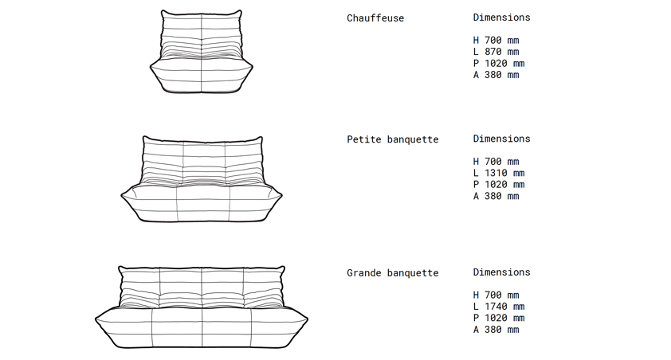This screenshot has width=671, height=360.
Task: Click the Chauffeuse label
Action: click(x=375, y=18)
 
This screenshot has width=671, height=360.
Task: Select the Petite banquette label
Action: click(x=392, y=139)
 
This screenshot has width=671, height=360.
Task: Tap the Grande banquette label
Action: click(x=392, y=273)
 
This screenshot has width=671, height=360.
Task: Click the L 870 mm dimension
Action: click(x=496, y=52)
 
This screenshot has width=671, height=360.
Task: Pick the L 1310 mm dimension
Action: click(x=499, y=173)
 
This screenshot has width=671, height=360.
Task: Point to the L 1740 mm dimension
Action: click(x=499, y=307)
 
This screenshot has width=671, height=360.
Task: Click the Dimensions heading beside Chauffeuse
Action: click(x=501, y=18)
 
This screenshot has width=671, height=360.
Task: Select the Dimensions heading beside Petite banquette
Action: click(x=501, y=139)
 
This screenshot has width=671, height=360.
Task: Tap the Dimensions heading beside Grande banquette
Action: click(x=501, y=272)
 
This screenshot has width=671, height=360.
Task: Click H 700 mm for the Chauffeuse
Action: click(x=496, y=40)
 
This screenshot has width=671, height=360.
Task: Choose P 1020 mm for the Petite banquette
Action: click(x=499, y=185)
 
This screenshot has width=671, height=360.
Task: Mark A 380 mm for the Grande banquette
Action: click(x=496, y=330)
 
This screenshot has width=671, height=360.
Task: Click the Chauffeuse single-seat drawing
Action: click(x=201, y=52)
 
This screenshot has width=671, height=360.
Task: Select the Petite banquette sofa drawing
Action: click(x=202, y=178)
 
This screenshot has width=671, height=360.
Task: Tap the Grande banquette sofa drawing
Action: click(x=202, y=307)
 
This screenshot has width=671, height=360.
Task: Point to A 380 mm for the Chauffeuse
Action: click(x=496, y=76)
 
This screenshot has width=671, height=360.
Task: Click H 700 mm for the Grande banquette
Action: click(x=496, y=295)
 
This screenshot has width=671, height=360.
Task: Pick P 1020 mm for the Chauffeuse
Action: click(x=499, y=64)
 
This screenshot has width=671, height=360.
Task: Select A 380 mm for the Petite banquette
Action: click(x=496, y=197)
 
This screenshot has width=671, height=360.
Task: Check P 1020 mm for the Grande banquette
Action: click(x=499, y=319)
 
